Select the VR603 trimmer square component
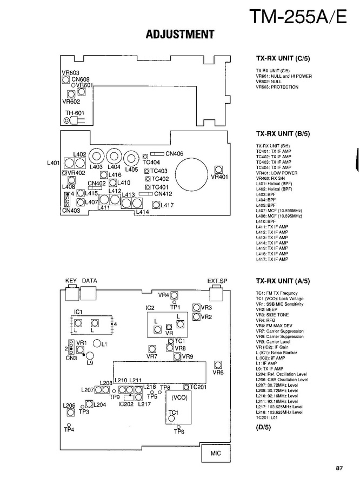pyautogui.click(x=66, y=80)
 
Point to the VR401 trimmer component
pyautogui.click(x=219, y=169)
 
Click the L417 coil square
pyautogui.click(x=157, y=205)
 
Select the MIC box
pyautogui.click(x=215, y=454)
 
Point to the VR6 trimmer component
pyautogui.click(x=218, y=364)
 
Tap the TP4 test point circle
pyautogui.click(x=68, y=424)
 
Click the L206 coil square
pyautogui.click(x=70, y=413)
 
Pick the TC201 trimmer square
pyautogui.click(x=185, y=387)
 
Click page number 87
pyautogui.click(x=339, y=468)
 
